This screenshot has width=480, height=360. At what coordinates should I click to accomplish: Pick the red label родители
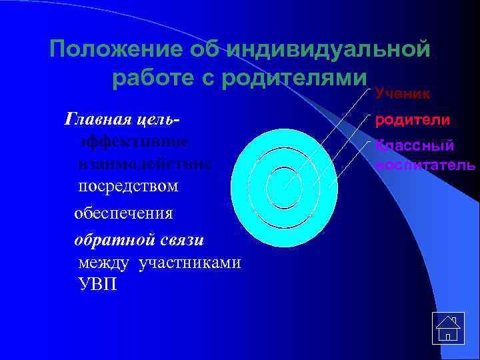[412, 121]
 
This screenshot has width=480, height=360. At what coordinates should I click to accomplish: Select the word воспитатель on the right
[425, 164]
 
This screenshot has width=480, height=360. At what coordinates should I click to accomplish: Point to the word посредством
[128, 185]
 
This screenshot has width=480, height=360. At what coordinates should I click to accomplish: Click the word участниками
[190, 263]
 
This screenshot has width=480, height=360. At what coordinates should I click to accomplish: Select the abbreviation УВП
[97, 286]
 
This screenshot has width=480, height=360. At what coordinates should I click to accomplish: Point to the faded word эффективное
[133, 142]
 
